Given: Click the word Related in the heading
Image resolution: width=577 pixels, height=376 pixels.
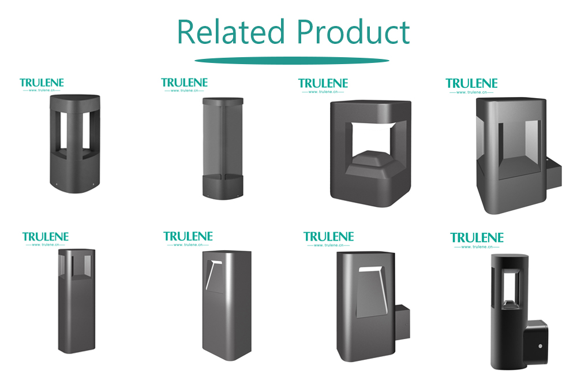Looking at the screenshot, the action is (x=231, y=32).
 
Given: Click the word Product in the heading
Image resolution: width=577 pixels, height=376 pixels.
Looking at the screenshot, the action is (x=353, y=32).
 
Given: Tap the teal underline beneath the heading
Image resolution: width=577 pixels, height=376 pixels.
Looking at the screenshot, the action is (x=292, y=61).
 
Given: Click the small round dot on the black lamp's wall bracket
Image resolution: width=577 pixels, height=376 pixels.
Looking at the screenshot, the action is (x=540, y=346).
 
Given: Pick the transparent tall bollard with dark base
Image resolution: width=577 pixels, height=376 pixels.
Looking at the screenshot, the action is (x=223, y=148).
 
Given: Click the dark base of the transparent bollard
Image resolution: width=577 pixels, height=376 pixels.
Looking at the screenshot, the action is (x=223, y=187).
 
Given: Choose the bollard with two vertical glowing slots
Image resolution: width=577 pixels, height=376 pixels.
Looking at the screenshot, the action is (x=75, y=144).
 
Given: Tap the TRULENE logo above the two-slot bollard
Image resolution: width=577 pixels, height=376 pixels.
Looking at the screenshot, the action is (x=42, y=84).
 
